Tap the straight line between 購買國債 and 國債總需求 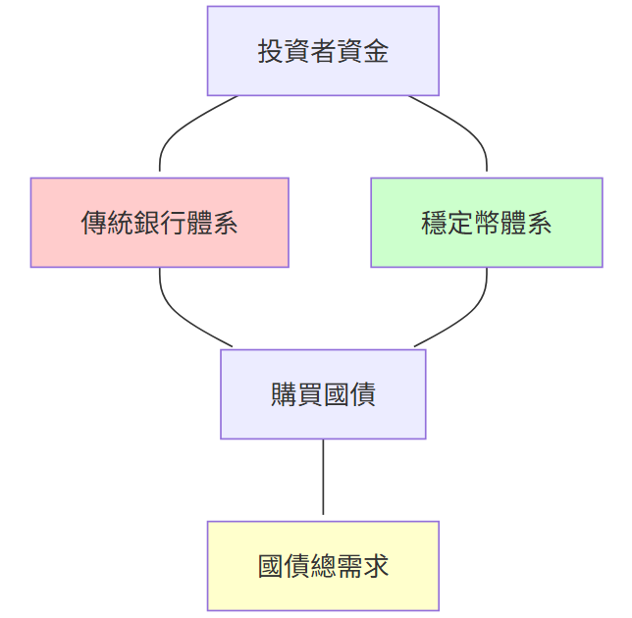323,477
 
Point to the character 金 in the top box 376,51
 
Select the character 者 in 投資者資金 323,51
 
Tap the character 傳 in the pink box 93,223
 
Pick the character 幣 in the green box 486,223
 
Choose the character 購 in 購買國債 284,394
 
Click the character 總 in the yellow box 323,566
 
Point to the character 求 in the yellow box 376,566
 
